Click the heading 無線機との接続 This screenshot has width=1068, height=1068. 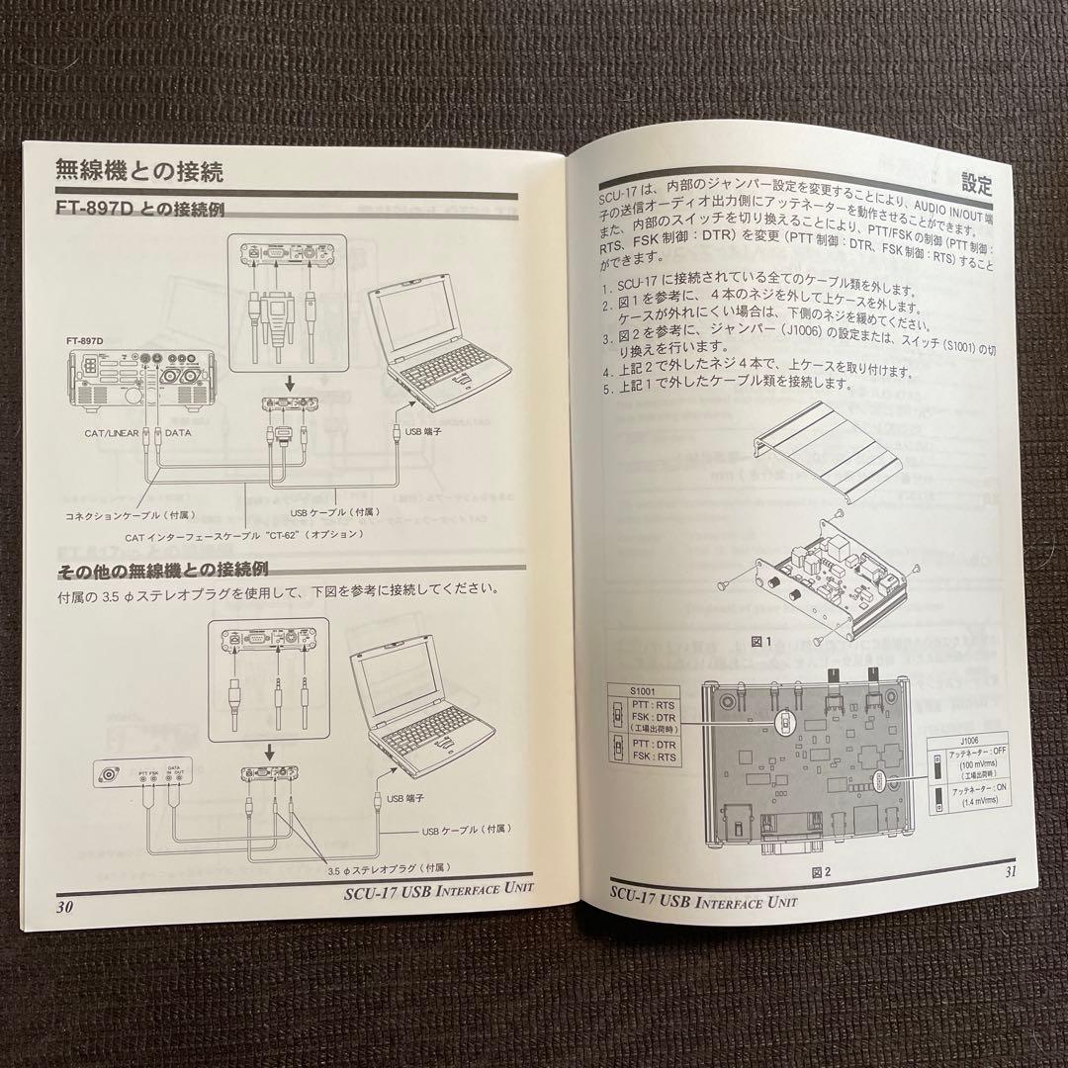(x=139, y=170)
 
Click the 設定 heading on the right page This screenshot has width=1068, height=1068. (x=976, y=184)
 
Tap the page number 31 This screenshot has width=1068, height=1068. (x=1009, y=871)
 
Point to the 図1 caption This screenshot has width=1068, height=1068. (x=760, y=641)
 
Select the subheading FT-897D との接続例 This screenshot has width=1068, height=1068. (x=140, y=211)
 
